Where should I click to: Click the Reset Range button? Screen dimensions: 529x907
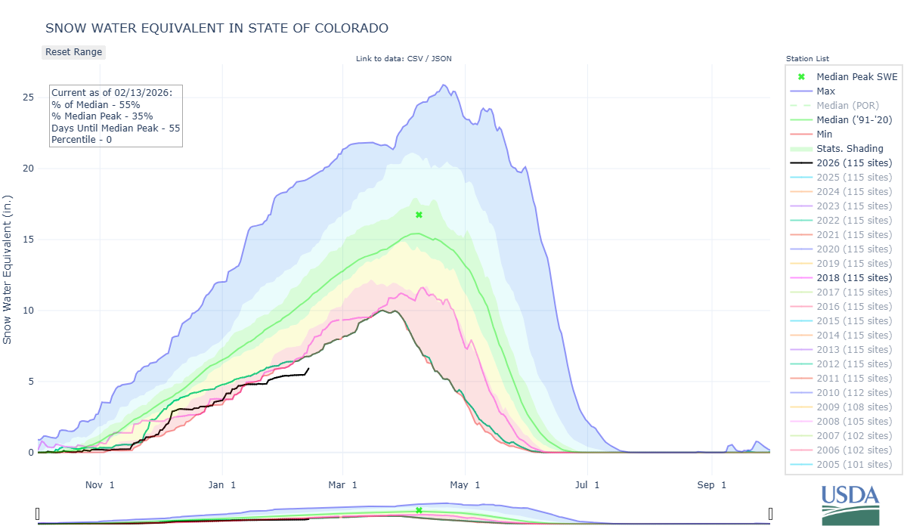pyautogui.click(x=73, y=52)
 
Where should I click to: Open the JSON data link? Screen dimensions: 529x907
pyautogui.click(x=442, y=59)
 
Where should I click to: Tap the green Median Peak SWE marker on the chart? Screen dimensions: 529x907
pyautogui.click(x=419, y=215)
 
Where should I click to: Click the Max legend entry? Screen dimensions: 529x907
pyautogui.click(x=825, y=91)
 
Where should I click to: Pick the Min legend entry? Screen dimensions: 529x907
pyautogui.click(x=825, y=134)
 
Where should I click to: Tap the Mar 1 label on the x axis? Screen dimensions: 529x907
pyautogui.click(x=343, y=484)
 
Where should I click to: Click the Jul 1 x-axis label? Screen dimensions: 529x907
pyautogui.click(x=587, y=484)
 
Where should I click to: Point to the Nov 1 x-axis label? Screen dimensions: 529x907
pyautogui.click(x=100, y=484)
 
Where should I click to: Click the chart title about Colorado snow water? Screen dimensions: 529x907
pyautogui.click(x=217, y=28)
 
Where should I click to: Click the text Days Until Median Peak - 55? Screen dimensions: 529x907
pyautogui.click(x=116, y=128)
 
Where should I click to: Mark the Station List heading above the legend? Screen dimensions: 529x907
pyautogui.click(x=807, y=59)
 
